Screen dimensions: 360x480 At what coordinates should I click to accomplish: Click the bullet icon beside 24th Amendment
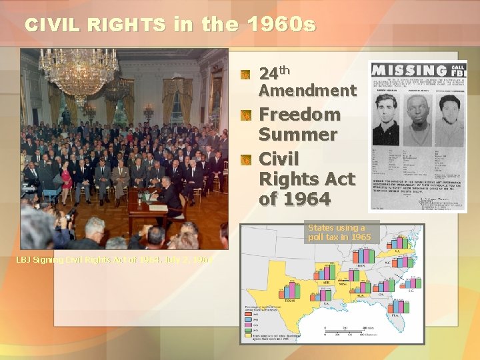point(246,73)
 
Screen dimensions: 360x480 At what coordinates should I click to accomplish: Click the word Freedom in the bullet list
point(299,114)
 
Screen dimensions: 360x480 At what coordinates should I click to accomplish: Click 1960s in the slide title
point(281,25)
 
